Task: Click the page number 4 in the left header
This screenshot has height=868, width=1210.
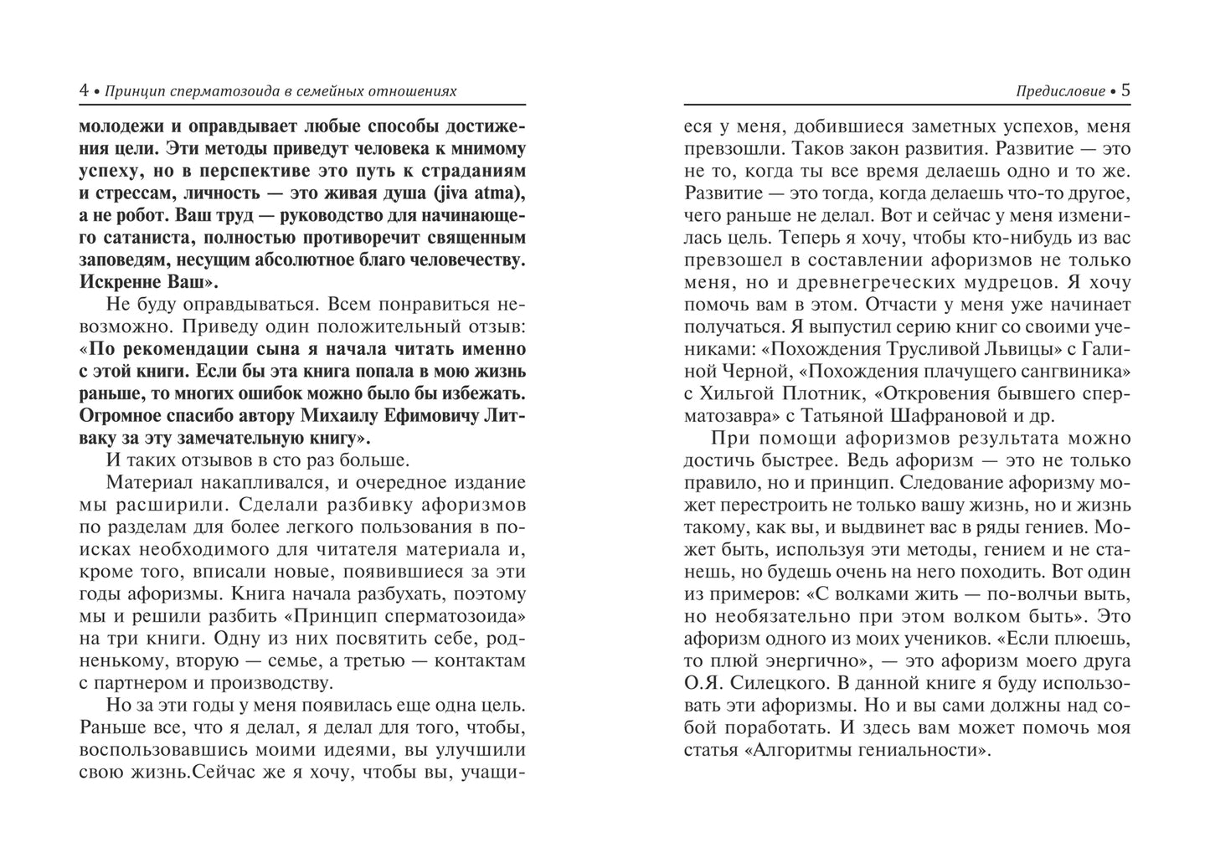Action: coord(84,90)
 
